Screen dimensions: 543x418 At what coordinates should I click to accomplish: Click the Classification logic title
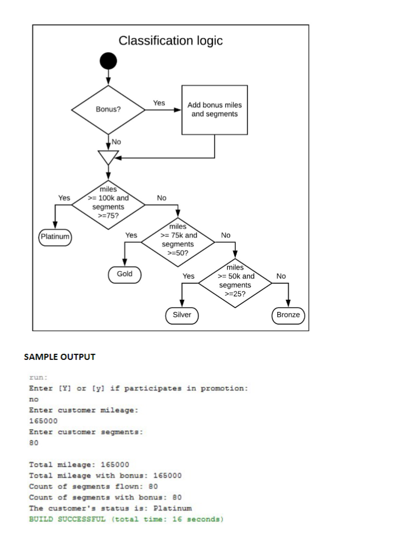[x=170, y=41]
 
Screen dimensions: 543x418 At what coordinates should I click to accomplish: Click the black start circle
[x=108, y=61]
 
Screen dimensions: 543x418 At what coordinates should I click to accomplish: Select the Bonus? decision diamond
[x=108, y=109]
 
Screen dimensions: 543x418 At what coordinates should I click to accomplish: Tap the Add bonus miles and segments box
[x=215, y=109]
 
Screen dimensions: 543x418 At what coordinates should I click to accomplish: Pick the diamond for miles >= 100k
[x=108, y=202]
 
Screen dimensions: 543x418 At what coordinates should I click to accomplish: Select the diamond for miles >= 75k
[x=178, y=239]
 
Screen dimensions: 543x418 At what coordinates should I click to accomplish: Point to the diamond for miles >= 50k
[x=235, y=281]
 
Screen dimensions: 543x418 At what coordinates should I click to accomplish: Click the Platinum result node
[x=55, y=237]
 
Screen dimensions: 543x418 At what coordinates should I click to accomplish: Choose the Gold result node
[x=125, y=274]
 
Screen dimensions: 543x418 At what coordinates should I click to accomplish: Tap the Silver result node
[x=182, y=315]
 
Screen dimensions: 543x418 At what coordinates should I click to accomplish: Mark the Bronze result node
[x=288, y=315]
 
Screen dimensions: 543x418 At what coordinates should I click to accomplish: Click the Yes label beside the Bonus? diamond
[x=159, y=103]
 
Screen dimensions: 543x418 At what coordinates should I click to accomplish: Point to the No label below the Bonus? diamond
[x=116, y=142]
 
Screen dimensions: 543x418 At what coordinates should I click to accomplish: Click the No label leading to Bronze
[x=281, y=276]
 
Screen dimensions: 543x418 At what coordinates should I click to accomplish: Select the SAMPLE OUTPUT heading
[x=59, y=357]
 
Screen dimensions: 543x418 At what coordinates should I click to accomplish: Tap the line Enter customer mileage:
[x=83, y=410]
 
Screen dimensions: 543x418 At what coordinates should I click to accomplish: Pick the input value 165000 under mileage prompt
[x=42, y=421]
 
